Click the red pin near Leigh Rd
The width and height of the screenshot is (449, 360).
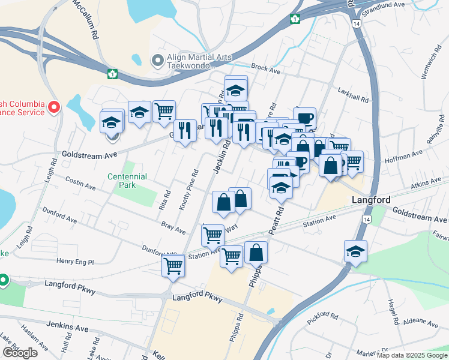[x=53, y=107]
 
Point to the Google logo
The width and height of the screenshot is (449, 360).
[x=19, y=352]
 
